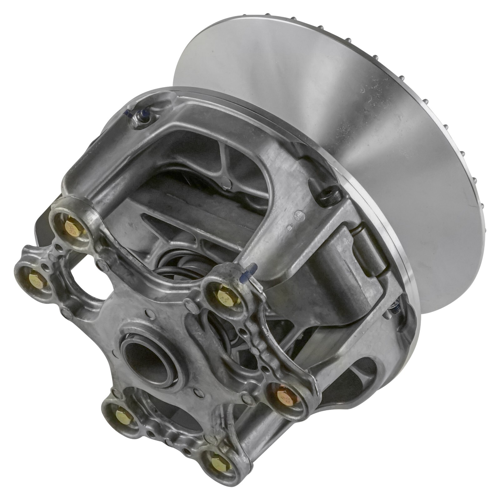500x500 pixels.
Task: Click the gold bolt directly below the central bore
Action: click(121, 416)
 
